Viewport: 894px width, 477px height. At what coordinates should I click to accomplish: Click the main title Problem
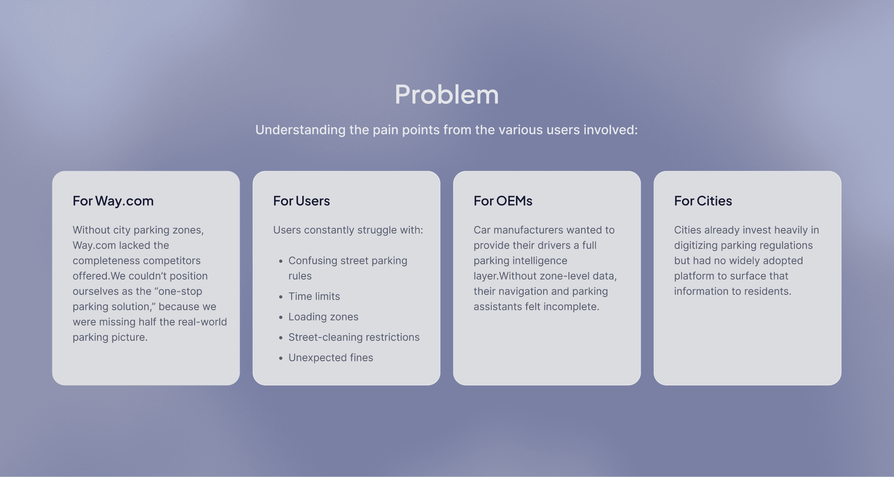coord(447,94)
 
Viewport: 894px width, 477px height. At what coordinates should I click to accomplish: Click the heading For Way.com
coord(113,201)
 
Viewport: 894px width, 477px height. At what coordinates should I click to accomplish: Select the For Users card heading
coord(301,201)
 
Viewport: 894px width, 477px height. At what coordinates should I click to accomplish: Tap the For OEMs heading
coord(503,201)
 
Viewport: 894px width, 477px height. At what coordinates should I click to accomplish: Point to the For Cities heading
coord(703,201)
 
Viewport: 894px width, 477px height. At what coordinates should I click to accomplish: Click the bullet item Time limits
coord(314,297)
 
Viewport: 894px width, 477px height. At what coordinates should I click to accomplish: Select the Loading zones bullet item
coord(323,317)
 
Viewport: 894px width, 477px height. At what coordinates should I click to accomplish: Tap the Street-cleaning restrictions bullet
coord(354,337)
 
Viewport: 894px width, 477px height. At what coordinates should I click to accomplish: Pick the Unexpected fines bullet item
coord(330,358)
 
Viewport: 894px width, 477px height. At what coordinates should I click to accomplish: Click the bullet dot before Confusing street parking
coord(281,261)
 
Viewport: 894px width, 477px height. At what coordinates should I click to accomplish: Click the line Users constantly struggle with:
coord(348,230)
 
